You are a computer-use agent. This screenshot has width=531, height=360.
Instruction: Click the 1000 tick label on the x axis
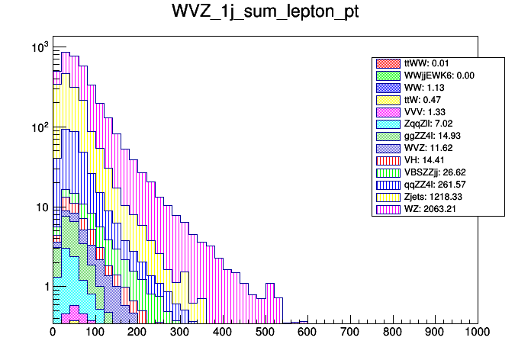pos(477,332)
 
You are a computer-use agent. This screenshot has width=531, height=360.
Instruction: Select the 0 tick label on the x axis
pos(53,332)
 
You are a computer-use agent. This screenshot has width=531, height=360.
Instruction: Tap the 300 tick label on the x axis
pos(180,332)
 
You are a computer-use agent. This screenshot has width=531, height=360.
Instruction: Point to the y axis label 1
pos(44,287)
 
